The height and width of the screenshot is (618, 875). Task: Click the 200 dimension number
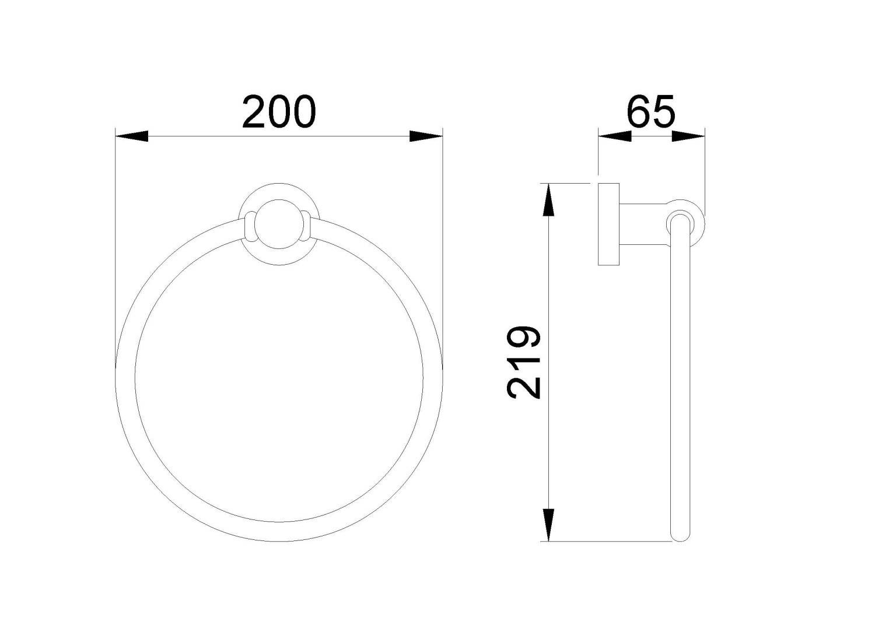point(279,112)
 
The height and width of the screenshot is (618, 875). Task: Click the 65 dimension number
point(650,112)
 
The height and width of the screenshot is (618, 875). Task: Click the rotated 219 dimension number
point(523,363)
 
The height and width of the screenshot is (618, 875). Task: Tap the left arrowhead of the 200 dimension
point(132,136)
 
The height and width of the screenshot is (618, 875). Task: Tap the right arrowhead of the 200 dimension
point(426,136)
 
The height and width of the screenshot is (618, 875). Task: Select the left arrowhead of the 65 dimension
point(615,136)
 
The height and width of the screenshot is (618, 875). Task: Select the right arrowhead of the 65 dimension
point(688,136)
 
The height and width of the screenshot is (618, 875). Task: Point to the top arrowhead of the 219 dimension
point(548,200)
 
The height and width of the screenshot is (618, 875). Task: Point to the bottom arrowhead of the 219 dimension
point(548,525)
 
